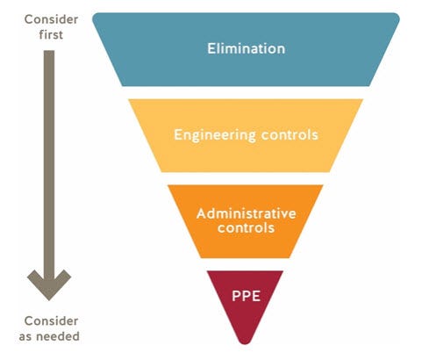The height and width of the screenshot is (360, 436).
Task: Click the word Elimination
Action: point(247,48)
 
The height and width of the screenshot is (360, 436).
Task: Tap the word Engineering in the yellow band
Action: point(215,135)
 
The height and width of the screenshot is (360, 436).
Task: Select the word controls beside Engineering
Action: point(289,134)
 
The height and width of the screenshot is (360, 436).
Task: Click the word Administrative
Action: point(247,213)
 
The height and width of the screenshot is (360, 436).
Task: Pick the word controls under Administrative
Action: point(246,227)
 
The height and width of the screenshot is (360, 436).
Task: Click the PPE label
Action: point(246,296)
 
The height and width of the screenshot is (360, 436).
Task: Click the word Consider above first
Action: point(51,19)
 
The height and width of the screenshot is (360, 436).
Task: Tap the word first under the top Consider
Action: point(51,34)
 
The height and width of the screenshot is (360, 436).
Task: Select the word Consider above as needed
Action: point(51,320)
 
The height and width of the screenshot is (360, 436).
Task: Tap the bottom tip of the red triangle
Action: point(245,344)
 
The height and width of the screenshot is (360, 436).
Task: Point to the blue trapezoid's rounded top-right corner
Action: point(397,16)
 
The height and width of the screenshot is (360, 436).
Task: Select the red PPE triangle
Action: point(245,301)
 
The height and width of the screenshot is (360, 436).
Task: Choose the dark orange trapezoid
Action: point(246,221)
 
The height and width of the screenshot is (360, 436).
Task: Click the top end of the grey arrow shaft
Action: point(49,51)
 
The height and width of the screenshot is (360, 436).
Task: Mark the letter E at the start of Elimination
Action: point(211,48)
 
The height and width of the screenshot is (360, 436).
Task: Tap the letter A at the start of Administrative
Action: point(202,213)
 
